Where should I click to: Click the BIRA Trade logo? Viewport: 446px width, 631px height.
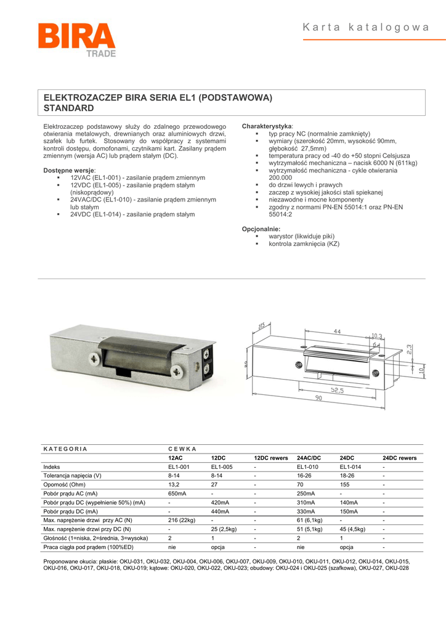point(76,41)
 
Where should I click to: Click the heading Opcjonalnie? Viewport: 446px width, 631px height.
point(261,229)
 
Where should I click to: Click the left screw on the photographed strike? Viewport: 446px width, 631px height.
point(93,357)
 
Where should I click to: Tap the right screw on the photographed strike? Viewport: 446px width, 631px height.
point(177,371)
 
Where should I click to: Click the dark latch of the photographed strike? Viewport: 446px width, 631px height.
point(145,349)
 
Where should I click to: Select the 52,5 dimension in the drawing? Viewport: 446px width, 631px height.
point(336,389)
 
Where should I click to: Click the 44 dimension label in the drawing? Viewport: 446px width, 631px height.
point(336,332)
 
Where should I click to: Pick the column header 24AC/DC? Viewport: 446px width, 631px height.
point(309,458)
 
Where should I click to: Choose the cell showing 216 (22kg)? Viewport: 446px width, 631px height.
point(182,520)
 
